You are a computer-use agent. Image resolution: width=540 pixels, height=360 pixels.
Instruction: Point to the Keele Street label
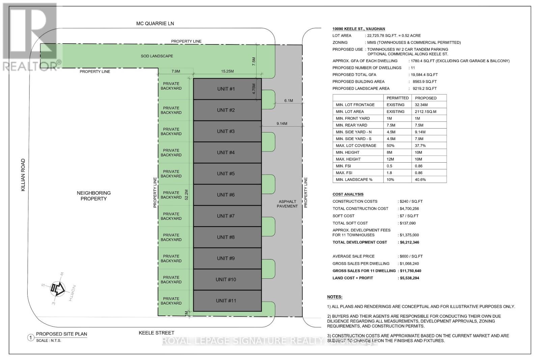(x=157, y=333)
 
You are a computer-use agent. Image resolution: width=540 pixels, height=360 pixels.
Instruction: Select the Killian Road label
(x=23, y=175)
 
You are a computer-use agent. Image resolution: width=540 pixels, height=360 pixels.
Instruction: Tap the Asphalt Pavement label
(x=287, y=204)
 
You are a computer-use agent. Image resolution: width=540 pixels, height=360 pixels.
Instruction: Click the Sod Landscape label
(x=157, y=56)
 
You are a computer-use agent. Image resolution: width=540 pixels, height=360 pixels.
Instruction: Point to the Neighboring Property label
(x=93, y=196)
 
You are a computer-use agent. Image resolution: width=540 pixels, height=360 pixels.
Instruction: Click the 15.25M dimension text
(x=227, y=71)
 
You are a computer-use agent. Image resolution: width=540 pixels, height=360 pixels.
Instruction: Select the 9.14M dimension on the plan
(x=282, y=123)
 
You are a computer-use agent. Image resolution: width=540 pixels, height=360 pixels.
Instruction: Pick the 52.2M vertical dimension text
(x=187, y=195)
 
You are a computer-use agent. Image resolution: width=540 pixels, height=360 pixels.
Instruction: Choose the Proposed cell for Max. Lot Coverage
(x=421, y=145)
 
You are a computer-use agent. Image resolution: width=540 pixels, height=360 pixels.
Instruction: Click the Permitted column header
(x=398, y=98)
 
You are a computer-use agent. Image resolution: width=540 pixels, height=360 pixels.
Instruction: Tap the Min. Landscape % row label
(x=354, y=179)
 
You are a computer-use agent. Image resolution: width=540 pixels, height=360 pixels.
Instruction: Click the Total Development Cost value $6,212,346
(x=409, y=242)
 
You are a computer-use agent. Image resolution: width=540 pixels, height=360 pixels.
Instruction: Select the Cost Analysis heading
(x=348, y=194)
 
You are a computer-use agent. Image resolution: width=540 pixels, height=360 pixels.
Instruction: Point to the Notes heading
(x=334, y=297)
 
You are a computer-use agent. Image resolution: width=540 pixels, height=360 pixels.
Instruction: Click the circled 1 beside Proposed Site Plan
(x=31, y=337)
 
